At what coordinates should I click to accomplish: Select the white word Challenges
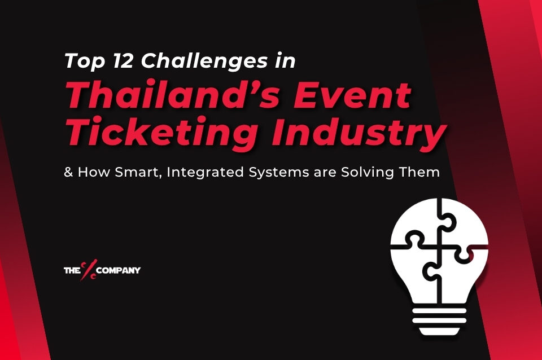click(x=204, y=60)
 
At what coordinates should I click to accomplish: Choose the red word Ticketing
click(x=150, y=133)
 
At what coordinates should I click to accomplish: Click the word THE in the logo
click(x=72, y=270)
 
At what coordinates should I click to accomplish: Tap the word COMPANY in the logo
click(x=119, y=270)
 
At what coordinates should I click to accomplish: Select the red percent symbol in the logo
click(x=89, y=270)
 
